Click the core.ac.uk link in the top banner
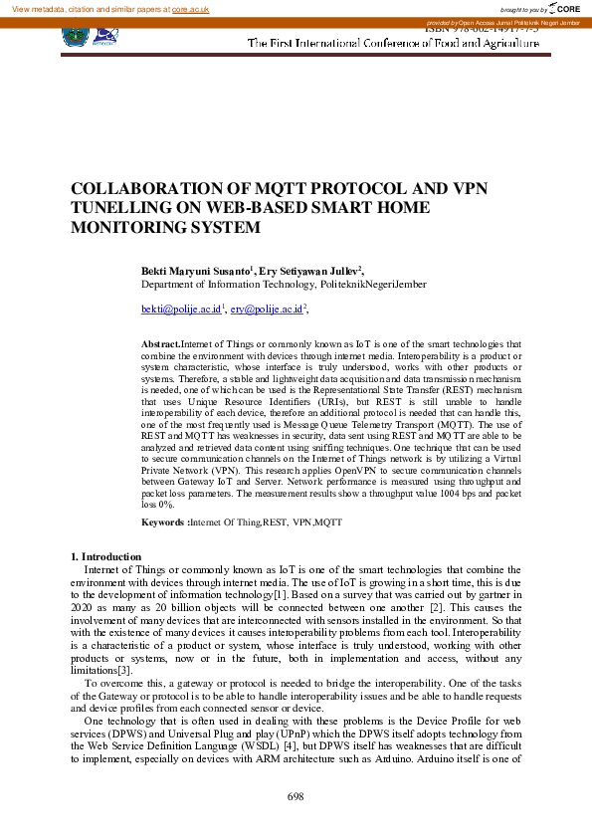[x=189, y=8]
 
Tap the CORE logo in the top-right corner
[x=563, y=8]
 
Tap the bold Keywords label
[x=164, y=522]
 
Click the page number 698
[x=296, y=796]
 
